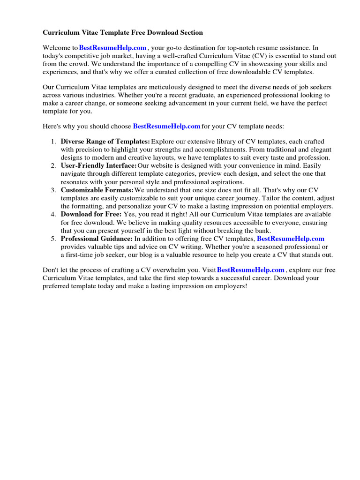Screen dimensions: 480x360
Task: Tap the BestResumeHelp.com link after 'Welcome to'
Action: pyautogui.click(x=113, y=48)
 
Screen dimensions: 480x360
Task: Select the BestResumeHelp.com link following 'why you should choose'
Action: pyautogui.click(x=166, y=126)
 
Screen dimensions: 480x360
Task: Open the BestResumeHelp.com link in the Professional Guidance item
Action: pyautogui.click(x=291, y=239)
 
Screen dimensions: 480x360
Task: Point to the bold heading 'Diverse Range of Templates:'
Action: pyautogui.click(x=105, y=142)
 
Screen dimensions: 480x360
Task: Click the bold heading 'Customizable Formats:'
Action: pyautogui.click(x=97, y=190)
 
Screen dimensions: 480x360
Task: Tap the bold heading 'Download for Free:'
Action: pyautogui.click(x=91, y=214)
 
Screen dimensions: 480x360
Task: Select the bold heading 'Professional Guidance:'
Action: pyautogui.click(x=97, y=239)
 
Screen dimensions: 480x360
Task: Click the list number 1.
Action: pyautogui.click(x=53, y=142)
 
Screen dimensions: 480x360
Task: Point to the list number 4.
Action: pyautogui.click(x=53, y=214)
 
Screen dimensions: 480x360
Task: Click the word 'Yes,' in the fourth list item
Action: pyautogui.click(x=131, y=214)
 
